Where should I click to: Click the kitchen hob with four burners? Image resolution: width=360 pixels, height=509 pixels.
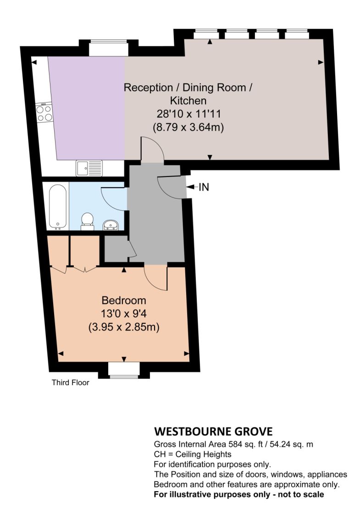[x=44, y=112]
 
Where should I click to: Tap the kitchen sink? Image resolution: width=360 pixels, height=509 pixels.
[x=89, y=168]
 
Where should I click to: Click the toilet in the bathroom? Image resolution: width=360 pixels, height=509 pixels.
[x=87, y=221]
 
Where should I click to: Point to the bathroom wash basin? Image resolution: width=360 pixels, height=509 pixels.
[x=111, y=225]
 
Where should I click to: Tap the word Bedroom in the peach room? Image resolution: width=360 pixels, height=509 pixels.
[x=124, y=300]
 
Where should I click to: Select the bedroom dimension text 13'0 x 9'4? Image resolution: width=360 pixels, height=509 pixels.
[x=124, y=314]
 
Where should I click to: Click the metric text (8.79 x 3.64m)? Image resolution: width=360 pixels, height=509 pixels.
[x=188, y=127]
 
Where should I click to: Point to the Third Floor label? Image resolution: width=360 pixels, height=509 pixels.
[x=71, y=382]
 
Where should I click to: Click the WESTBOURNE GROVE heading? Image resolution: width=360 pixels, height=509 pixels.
[x=213, y=432]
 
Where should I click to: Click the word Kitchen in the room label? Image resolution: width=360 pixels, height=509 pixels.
[x=188, y=100]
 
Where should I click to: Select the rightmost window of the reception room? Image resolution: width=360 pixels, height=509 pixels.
[x=297, y=31]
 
